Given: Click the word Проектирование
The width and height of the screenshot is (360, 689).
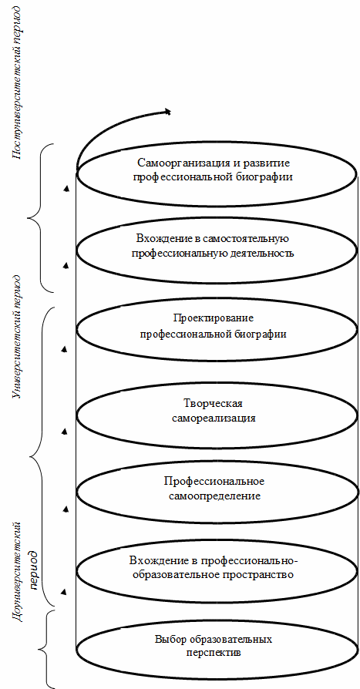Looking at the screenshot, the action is pyautogui.click(x=214, y=318).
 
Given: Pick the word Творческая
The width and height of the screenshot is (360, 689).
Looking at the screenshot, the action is pyautogui.click(x=213, y=403).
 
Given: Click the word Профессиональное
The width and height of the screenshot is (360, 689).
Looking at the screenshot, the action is pyautogui.click(x=214, y=481).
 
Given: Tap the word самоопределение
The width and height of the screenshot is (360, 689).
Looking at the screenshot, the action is pyautogui.click(x=214, y=496).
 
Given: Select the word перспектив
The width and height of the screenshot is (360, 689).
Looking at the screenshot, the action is pyautogui.click(x=214, y=653).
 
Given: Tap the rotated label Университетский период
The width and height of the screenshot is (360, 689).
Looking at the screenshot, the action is pyautogui.click(x=17, y=337).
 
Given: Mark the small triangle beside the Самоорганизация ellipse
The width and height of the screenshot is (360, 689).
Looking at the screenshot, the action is pyautogui.click(x=66, y=190).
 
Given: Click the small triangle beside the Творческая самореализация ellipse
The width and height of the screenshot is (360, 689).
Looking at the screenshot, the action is pyautogui.click(x=65, y=432).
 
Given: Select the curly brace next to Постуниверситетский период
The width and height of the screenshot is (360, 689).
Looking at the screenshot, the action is pyautogui.click(x=41, y=217).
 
